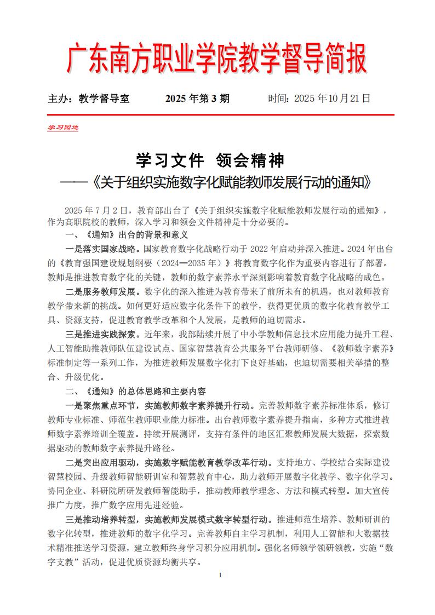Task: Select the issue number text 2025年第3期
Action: [197, 99]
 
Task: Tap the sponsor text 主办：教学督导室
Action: [89, 99]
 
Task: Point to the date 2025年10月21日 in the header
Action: [319, 99]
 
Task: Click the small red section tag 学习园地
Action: [62, 128]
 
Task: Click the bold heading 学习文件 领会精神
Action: [210, 160]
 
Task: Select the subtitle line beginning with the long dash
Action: [217, 182]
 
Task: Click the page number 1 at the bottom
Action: [219, 575]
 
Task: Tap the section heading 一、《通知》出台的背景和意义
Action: [127, 235]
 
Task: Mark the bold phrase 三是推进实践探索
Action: [96, 335]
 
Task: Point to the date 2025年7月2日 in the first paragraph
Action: [95, 210]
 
